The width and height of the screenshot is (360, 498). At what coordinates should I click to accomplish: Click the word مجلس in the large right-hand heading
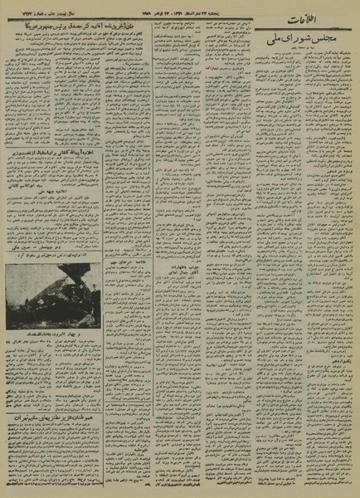326,39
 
